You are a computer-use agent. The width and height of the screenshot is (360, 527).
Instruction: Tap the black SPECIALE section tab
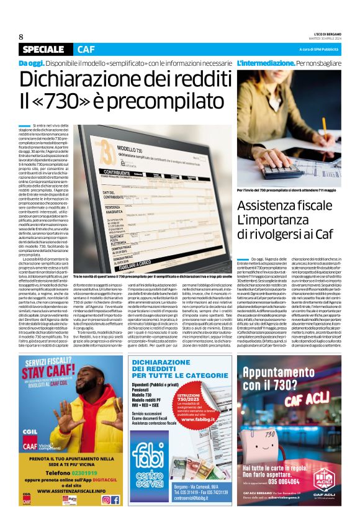click(46, 50)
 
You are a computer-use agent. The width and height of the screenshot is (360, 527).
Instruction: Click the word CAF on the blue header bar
click(87, 50)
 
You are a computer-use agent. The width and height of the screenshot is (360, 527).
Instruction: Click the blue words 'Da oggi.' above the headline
click(31, 63)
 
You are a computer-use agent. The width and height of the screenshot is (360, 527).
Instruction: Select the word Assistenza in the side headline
click(269, 205)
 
